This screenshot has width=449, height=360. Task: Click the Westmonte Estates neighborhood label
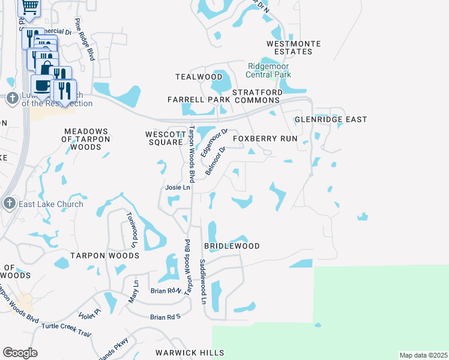tap(294, 48)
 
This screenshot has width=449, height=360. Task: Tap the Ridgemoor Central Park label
tap(270, 70)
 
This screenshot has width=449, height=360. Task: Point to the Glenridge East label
tap(330, 120)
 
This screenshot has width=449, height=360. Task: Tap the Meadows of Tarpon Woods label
tap(86, 139)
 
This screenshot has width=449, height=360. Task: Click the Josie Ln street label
tap(178, 188)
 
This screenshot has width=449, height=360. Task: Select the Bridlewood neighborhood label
tap(232, 247)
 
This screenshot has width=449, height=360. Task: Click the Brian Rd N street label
tap(166, 290)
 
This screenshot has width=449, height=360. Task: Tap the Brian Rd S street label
tap(165, 317)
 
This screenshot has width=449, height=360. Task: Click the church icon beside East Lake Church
tap(9, 203)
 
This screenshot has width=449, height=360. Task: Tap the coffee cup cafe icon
tap(41, 85)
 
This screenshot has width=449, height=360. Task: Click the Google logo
tap(20, 353)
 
